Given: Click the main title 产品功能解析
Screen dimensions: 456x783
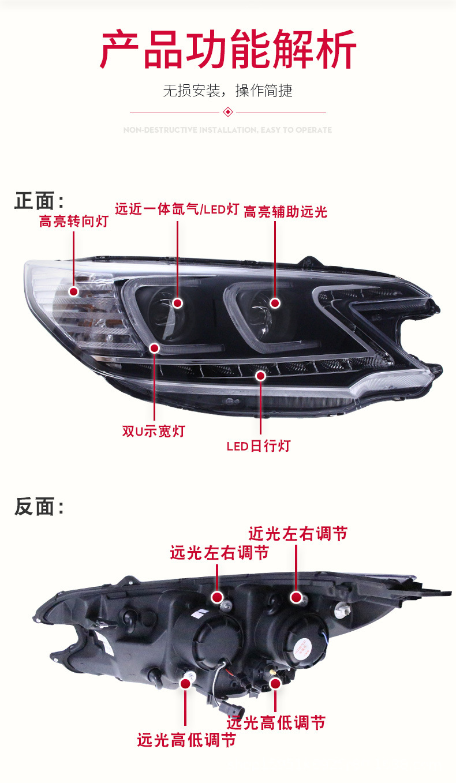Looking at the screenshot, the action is (228, 50).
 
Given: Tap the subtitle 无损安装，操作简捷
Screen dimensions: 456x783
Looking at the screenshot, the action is (228, 91).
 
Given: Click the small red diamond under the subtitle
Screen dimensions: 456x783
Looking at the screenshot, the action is (228, 112).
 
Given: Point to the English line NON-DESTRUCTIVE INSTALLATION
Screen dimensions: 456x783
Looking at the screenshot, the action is (228, 130).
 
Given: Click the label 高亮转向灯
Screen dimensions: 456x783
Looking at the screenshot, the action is (73, 221).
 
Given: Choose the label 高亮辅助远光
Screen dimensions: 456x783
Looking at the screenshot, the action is (285, 212).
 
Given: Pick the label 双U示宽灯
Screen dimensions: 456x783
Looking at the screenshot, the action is (154, 431).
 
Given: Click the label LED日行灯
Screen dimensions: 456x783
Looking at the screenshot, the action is (258, 445).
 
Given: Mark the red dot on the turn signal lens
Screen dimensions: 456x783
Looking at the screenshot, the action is (73, 291).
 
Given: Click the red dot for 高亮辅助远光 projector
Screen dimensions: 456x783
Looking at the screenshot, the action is (275, 303).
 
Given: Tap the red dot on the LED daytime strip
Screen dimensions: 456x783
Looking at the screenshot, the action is (260, 376).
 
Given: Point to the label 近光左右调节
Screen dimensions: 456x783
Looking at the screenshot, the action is (298, 534).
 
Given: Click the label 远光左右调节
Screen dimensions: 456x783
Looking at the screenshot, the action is (219, 553).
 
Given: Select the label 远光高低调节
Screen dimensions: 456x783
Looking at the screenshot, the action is (186, 740).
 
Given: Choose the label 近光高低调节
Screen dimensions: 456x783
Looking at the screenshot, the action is (276, 722).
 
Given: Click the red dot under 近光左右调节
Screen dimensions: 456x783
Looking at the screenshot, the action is (296, 597).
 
